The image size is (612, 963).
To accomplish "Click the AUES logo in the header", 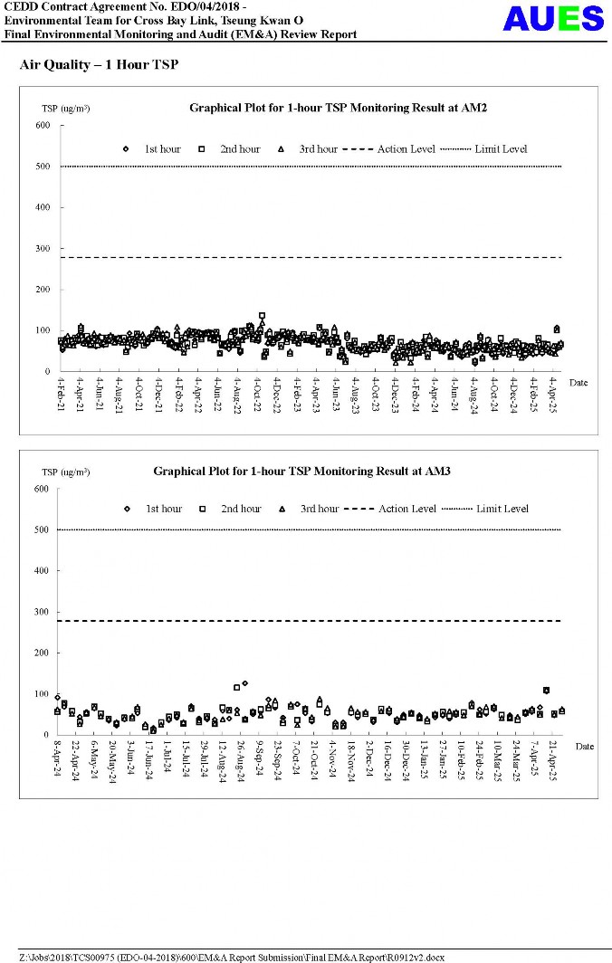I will (553, 18).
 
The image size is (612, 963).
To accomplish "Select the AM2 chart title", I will (339, 108).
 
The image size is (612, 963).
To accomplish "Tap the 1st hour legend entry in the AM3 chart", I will (156, 509).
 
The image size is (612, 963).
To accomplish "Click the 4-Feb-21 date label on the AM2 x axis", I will (62, 395).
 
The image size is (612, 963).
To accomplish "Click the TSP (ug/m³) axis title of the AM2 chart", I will (65, 109).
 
